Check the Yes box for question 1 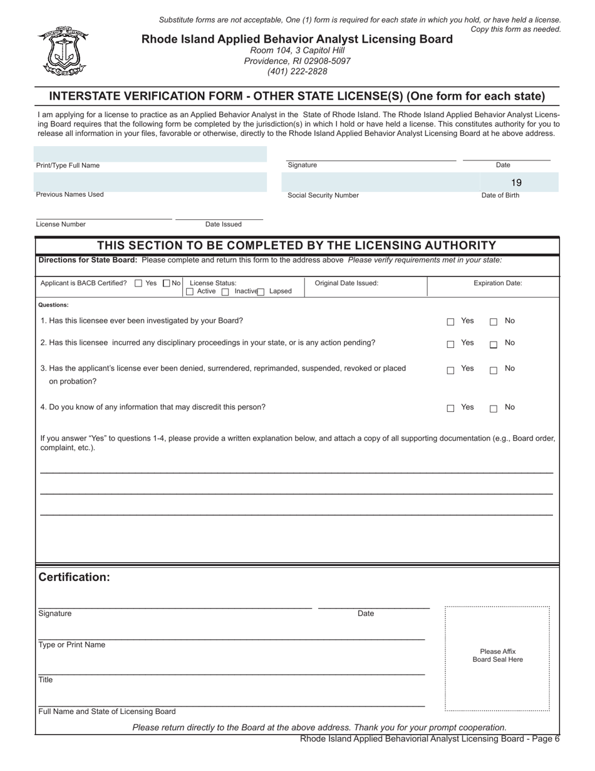(450, 322)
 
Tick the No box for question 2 (494, 345)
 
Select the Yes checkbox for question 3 (450, 370)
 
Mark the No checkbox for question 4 (494, 409)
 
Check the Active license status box (190, 292)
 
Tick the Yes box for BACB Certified (138, 283)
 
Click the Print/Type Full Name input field (150, 154)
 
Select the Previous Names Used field (150, 182)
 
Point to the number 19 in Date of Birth (516, 183)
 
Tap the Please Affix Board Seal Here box (497, 658)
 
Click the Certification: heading (75, 577)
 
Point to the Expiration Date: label (497, 283)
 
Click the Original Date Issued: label (346, 283)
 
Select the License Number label (61, 224)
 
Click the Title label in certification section (46, 680)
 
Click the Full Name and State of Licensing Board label (107, 711)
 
